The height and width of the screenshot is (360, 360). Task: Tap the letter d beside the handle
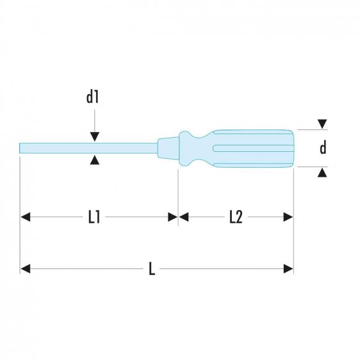click(x=323, y=148)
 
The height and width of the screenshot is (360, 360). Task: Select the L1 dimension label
click(x=94, y=217)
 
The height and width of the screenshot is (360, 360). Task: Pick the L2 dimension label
click(x=235, y=217)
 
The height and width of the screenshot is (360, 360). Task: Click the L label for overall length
click(x=152, y=269)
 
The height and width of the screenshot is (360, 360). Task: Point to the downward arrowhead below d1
click(x=95, y=136)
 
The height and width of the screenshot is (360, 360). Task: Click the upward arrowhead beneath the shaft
click(x=95, y=160)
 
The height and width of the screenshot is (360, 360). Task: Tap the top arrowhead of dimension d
click(x=323, y=124)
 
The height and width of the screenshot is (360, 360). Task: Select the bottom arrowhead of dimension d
click(x=323, y=172)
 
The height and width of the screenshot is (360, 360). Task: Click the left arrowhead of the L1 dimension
click(x=26, y=217)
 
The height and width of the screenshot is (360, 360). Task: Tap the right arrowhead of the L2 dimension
click(x=288, y=217)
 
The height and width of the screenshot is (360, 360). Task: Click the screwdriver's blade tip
click(x=23, y=149)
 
